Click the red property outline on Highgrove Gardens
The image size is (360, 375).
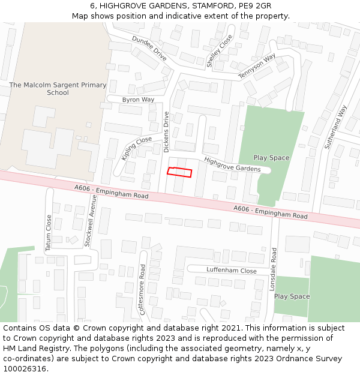(179, 172)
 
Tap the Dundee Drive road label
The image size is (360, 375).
(149, 47)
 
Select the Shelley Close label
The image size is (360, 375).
(219, 50)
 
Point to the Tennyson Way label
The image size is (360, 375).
(257, 66)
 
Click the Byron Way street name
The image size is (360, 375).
(138, 100)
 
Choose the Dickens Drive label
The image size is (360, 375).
(166, 132)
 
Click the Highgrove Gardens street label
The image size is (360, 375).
(232, 164)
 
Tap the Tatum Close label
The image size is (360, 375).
(49, 233)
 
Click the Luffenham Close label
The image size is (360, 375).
(232, 271)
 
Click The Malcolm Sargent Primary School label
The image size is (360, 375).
(58, 89)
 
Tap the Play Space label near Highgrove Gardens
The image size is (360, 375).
(271, 158)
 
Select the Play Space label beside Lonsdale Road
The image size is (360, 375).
(292, 296)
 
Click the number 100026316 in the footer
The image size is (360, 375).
(24, 368)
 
